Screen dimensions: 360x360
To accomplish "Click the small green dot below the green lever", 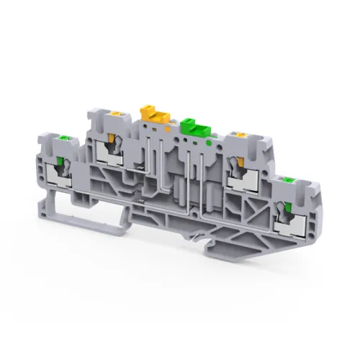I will tap(209, 143).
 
